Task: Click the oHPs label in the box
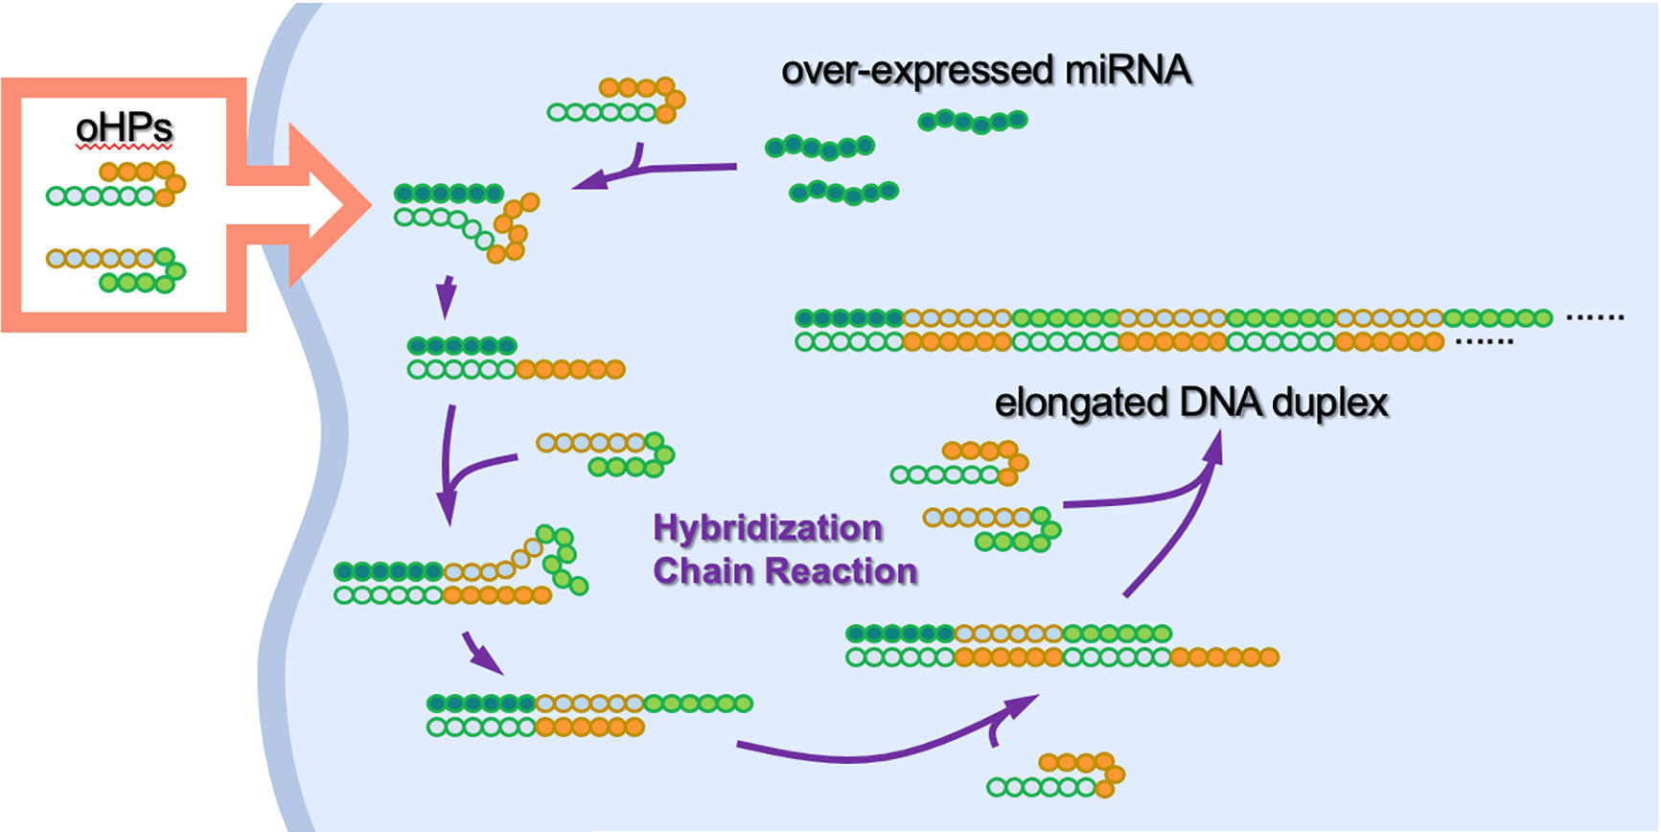[124, 128]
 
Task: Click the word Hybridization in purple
[768, 528]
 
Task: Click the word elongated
[1080, 404]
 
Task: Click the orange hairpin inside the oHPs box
[116, 184]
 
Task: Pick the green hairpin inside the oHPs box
[116, 270]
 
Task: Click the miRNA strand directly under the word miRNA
[973, 121]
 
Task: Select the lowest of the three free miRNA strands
[843, 193]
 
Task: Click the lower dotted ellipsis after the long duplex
[1485, 341]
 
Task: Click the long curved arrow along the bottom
[863, 752]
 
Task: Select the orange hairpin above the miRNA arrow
[616, 101]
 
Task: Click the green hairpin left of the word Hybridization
[606, 454]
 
